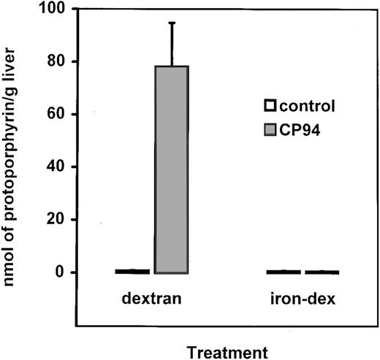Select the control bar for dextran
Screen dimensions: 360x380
pos(132,272)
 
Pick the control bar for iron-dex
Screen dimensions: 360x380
pos(283,272)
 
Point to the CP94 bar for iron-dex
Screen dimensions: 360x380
pos(322,272)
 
